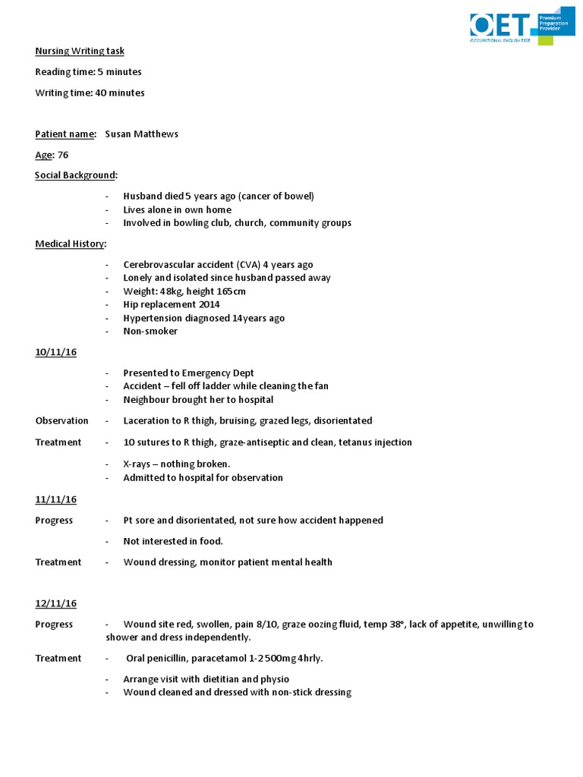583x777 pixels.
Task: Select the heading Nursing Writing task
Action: pyautogui.click(x=80, y=51)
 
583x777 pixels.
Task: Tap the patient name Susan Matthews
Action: pyautogui.click(x=141, y=134)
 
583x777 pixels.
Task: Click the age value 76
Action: pyautogui.click(x=63, y=155)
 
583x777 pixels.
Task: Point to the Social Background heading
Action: pyautogui.click(x=76, y=175)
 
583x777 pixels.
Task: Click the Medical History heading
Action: pyautogui.click(x=71, y=244)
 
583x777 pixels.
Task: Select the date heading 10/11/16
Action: pyautogui.click(x=55, y=352)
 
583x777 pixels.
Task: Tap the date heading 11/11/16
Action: pyautogui.click(x=55, y=499)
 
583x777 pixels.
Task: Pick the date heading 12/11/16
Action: pyautogui.click(x=55, y=603)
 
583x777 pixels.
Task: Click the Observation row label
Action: pyautogui.click(x=61, y=420)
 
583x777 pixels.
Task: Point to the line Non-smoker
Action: pyautogui.click(x=150, y=331)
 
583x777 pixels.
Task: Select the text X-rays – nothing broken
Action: pyautogui.click(x=176, y=464)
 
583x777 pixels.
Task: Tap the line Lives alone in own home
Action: pyautogui.click(x=177, y=209)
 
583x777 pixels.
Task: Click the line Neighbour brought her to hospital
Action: pyautogui.click(x=198, y=399)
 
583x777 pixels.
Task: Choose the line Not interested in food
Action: pyautogui.click(x=173, y=541)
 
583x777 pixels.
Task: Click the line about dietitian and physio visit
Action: pyautogui.click(x=206, y=679)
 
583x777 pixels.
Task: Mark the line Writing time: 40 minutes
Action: pyautogui.click(x=90, y=93)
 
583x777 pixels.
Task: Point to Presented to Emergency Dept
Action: pyautogui.click(x=188, y=373)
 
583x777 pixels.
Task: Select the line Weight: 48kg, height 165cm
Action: pyautogui.click(x=184, y=291)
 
